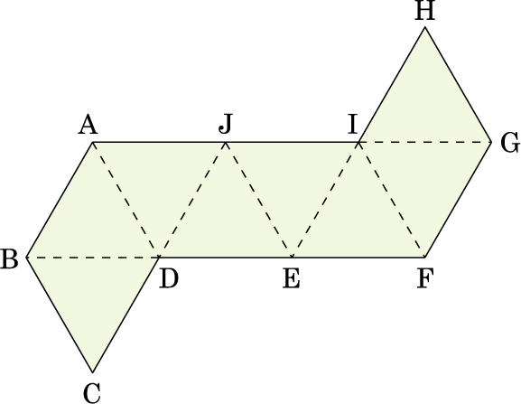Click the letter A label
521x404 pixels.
click(88, 126)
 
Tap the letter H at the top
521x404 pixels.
click(425, 11)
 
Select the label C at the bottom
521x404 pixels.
click(92, 392)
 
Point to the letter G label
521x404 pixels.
click(510, 143)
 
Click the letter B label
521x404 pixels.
click(9, 258)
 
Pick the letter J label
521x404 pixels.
click(225, 125)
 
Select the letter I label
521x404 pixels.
click(352, 125)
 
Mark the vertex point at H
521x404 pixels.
click(425, 27)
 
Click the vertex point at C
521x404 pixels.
click(93, 372)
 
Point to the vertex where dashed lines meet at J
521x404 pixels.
click(226, 142)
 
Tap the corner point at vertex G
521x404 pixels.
click(491, 142)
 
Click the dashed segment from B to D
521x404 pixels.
click(93, 257)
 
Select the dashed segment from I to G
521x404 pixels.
click(425, 142)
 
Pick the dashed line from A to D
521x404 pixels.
click(126, 200)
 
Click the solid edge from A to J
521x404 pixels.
click(159, 142)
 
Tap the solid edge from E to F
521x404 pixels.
click(358, 257)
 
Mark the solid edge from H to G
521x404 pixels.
click(458, 85)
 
